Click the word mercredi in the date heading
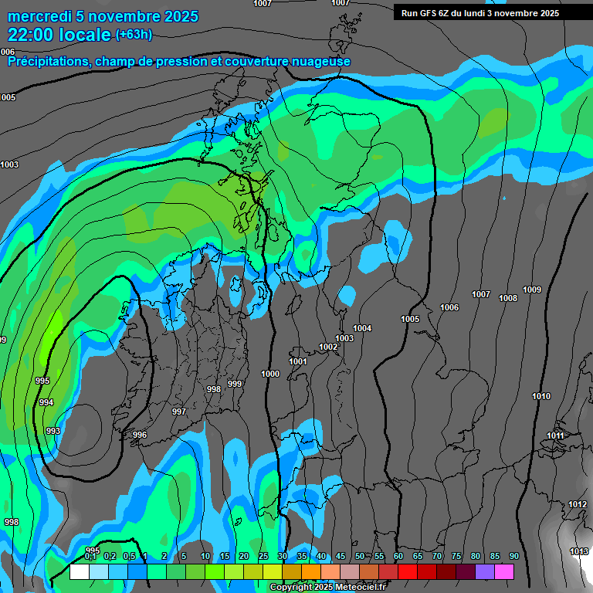coord(39,16)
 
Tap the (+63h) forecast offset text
coord(134,34)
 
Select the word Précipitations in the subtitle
coord(47,61)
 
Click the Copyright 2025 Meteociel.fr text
coord(327,587)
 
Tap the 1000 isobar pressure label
coord(270,374)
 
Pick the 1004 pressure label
coord(362,328)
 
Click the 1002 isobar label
coord(328,347)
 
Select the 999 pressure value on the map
coord(235,384)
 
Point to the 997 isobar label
coord(179,412)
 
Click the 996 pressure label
coord(139,435)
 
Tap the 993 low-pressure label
coord(53,431)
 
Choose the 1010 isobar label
coord(541,396)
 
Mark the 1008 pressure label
coord(508,298)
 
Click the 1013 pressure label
coord(579,551)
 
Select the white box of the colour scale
coord(79,571)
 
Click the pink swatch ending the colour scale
coord(504,571)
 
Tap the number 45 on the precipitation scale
coord(341,556)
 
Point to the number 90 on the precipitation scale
coord(514,556)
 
